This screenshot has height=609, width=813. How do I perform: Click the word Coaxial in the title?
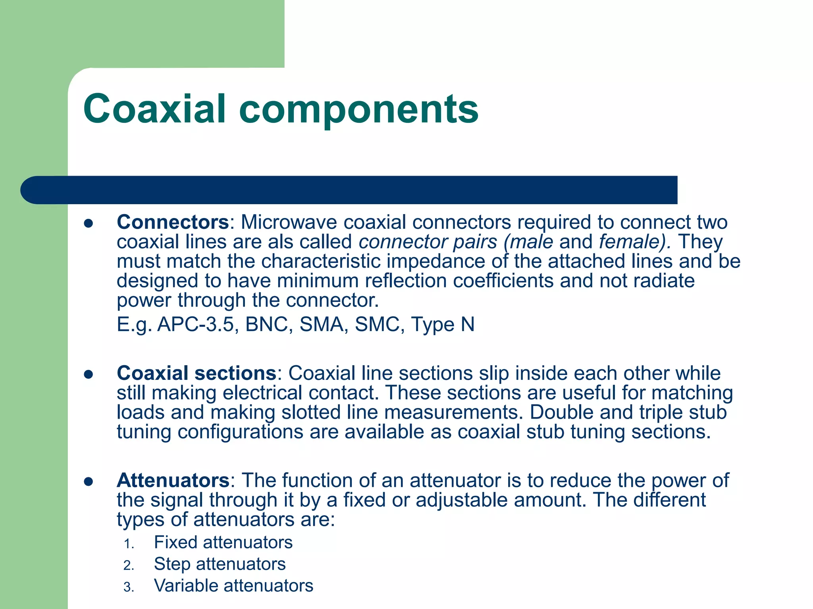[x=155, y=109]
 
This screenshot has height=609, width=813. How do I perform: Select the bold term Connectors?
[x=173, y=222]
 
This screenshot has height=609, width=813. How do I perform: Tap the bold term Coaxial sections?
[x=197, y=373]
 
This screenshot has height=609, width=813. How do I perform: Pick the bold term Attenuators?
[x=173, y=480]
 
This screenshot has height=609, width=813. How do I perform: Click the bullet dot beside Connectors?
[x=88, y=223]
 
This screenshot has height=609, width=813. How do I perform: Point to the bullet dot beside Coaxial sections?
[x=88, y=374]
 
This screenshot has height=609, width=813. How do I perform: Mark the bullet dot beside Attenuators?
[x=88, y=481]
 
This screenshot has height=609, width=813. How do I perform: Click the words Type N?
[x=443, y=324]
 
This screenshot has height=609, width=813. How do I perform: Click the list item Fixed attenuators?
[x=223, y=542]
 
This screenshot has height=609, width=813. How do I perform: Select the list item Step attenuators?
[x=220, y=564]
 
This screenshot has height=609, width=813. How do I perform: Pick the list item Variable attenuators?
[x=233, y=586]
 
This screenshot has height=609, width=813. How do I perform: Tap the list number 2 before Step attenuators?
[x=128, y=565]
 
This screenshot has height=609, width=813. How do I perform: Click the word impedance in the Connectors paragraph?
[x=435, y=261]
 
